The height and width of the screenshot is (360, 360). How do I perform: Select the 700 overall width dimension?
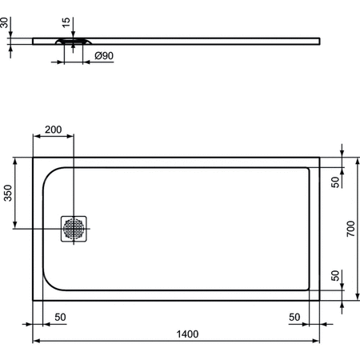click(349, 230)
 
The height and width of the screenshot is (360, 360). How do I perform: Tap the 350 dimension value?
click(8, 194)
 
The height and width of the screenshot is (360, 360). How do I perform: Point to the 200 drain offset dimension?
click(53, 130)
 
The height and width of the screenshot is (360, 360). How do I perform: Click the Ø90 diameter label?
click(103, 57)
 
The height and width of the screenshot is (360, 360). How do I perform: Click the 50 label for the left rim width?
click(60, 318)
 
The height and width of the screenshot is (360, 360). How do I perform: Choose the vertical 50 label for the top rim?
click(335, 180)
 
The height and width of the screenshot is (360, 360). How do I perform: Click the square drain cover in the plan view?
click(74, 229)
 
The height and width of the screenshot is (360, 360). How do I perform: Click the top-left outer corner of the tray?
click(33, 157)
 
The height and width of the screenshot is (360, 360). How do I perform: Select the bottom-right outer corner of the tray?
click(320, 301)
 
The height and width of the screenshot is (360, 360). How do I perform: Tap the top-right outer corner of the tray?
click(320, 157)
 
